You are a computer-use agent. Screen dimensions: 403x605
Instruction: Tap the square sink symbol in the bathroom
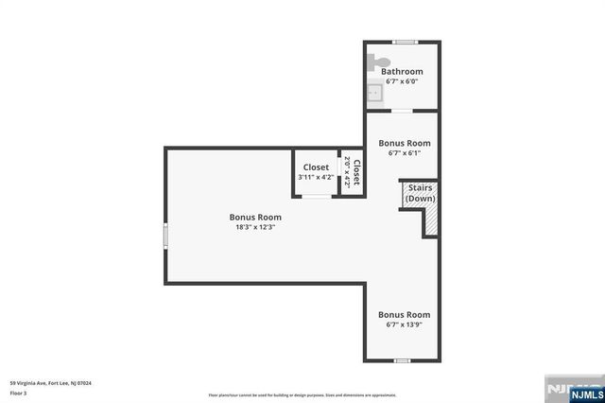pos(375,92)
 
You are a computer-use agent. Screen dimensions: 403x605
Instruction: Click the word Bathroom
pos(402,71)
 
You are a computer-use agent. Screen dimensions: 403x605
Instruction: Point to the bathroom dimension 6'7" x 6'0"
pos(402,81)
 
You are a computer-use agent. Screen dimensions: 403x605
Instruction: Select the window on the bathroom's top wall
pos(406,42)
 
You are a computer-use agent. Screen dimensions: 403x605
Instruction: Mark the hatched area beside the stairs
pos(430,219)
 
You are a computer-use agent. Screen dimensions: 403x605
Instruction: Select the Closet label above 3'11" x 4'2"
pos(316,167)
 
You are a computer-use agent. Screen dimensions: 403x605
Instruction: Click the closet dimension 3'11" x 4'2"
pos(316,177)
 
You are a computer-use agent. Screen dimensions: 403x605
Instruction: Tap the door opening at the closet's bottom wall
pos(317,197)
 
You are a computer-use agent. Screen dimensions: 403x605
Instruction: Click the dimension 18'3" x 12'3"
pos(255,227)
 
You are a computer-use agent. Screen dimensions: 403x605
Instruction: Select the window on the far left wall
pos(166,235)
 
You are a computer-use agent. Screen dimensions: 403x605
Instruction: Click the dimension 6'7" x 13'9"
pos(404,324)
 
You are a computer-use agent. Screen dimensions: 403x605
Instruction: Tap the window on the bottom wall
pos(402,360)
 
